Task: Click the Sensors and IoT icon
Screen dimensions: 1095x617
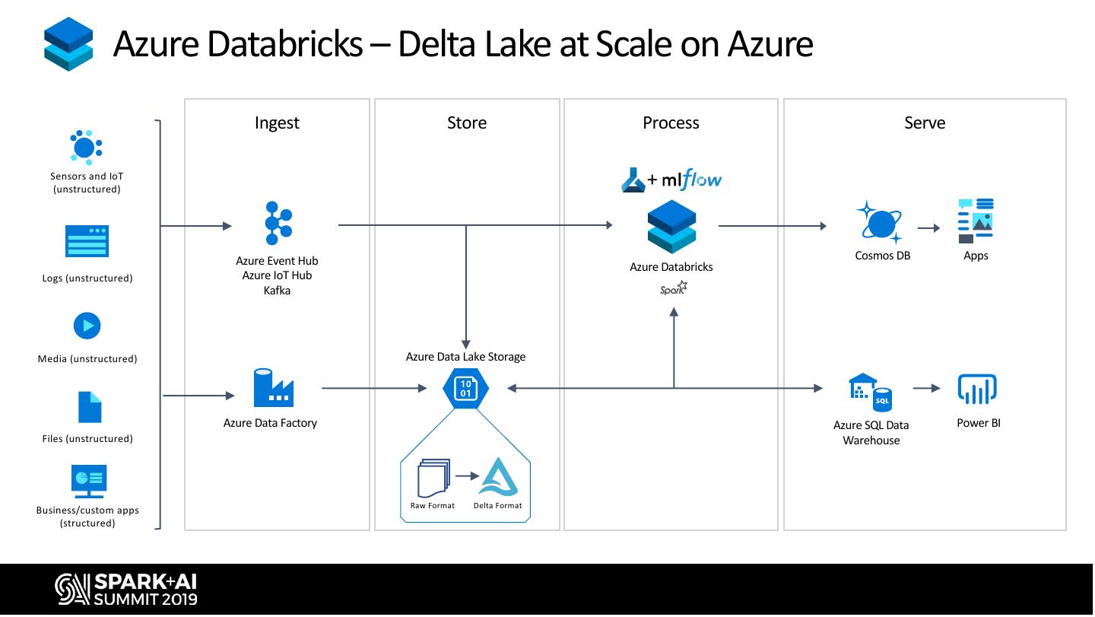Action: [86, 147]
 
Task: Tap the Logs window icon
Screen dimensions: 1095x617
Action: [87, 241]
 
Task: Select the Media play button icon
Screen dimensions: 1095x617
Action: [87, 326]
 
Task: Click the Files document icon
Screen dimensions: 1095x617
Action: [90, 407]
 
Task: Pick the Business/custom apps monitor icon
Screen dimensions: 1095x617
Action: [88, 481]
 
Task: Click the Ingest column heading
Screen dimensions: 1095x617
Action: [277, 122]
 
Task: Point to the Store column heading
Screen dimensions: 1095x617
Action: [467, 122]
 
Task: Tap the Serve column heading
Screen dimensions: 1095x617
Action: [925, 122]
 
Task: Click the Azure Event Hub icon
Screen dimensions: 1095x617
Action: [278, 223]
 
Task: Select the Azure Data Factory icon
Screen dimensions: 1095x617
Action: [274, 388]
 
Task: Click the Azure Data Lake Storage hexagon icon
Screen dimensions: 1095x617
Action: [465, 389]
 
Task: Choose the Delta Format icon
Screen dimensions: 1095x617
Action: [498, 477]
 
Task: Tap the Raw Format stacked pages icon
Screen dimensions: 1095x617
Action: [433, 478]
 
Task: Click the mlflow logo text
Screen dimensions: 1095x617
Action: [691, 180]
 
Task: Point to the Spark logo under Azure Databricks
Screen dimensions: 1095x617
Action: [674, 288]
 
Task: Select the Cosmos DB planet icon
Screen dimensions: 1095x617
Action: [881, 223]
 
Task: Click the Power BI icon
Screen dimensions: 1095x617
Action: [976, 390]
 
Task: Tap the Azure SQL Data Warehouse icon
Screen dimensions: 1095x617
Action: [871, 393]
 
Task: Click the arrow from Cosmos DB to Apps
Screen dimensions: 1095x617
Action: [928, 227]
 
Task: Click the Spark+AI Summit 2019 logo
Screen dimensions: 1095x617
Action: [125, 589]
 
